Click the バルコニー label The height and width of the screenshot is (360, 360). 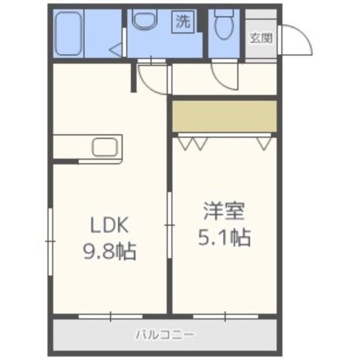(165, 335)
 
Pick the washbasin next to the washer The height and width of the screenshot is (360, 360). (146, 21)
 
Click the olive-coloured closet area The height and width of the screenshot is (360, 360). (224, 116)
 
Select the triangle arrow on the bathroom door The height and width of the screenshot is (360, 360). (115, 50)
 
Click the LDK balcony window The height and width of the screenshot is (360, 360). (111, 317)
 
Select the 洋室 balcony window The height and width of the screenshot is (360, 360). (225, 317)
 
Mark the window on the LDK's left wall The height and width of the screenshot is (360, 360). (50, 242)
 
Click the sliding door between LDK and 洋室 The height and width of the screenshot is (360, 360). (169, 225)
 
